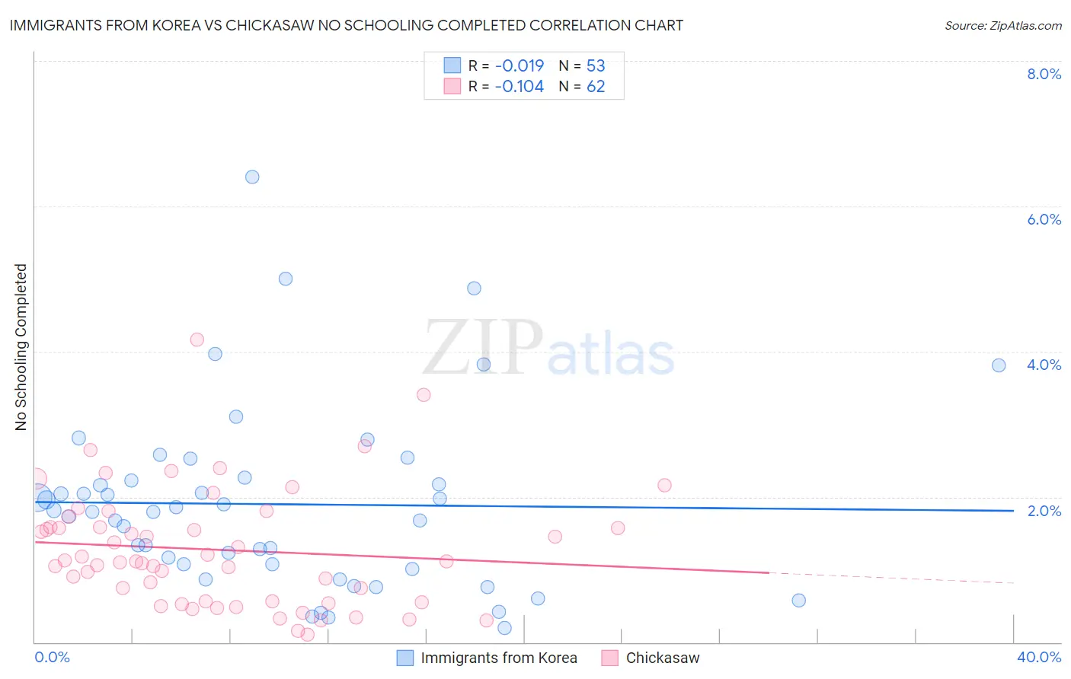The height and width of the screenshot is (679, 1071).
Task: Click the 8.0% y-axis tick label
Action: (1044, 74)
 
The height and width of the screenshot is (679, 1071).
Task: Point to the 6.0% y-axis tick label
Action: (1044, 219)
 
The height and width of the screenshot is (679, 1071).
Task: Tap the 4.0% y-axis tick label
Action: (1044, 365)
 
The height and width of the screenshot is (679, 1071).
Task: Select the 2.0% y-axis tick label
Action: (1044, 511)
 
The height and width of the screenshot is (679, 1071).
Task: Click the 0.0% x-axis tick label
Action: (52, 657)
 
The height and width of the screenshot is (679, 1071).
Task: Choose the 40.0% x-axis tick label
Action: (1038, 657)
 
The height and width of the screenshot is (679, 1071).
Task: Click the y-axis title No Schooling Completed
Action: (21, 347)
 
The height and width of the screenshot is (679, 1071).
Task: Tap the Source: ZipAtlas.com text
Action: (1002, 26)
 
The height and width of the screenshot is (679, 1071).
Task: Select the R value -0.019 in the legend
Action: (520, 65)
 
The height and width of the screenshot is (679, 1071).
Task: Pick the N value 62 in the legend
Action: (596, 87)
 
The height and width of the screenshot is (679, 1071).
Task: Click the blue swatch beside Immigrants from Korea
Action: (405, 658)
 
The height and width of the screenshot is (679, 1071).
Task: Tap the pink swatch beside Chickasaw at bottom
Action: (609, 658)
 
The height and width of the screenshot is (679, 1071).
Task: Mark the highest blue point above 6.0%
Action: (252, 177)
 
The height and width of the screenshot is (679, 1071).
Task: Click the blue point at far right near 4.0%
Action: (999, 365)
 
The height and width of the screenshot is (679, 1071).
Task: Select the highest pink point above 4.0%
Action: (197, 339)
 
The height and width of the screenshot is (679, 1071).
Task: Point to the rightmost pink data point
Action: (664, 485)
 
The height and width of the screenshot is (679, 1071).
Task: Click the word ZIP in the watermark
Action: (482, 347)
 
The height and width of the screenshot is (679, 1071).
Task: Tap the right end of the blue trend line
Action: (1013, 510)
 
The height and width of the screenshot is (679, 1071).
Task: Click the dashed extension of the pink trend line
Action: (891, 578)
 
